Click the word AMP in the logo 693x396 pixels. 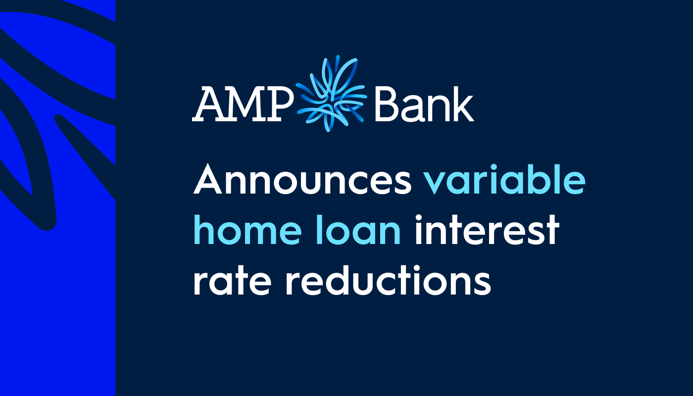pyautogui.click(x=243, y=104)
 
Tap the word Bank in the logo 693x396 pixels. pyautogui.click(x=424, y=103)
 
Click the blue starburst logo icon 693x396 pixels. pyautogui.click(x=331, y=94)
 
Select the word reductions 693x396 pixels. pyautogui.click(x=388, y=280)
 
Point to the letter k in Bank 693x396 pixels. pyautogui.click(x=462, y=103)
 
